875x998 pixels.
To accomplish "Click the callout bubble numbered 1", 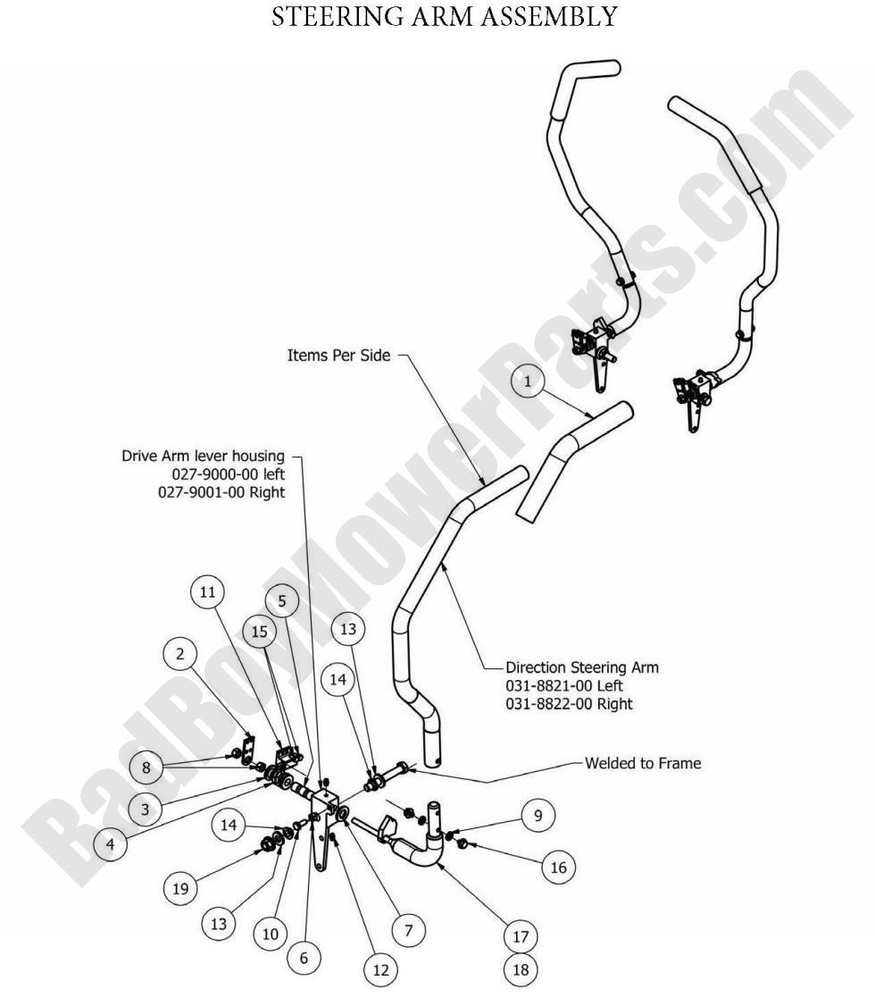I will point(528,382).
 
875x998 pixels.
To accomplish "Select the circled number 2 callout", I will point(180,655).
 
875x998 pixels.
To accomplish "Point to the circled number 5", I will point(282,601).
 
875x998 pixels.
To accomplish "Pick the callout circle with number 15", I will point(259,631).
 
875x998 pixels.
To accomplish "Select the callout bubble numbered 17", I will point(521,936).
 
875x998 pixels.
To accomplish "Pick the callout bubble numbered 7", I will point(407,929).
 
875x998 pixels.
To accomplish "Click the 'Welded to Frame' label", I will point(643,763).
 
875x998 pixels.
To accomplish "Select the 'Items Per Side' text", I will point(338,355).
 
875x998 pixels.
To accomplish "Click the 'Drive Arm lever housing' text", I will point(203,456).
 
